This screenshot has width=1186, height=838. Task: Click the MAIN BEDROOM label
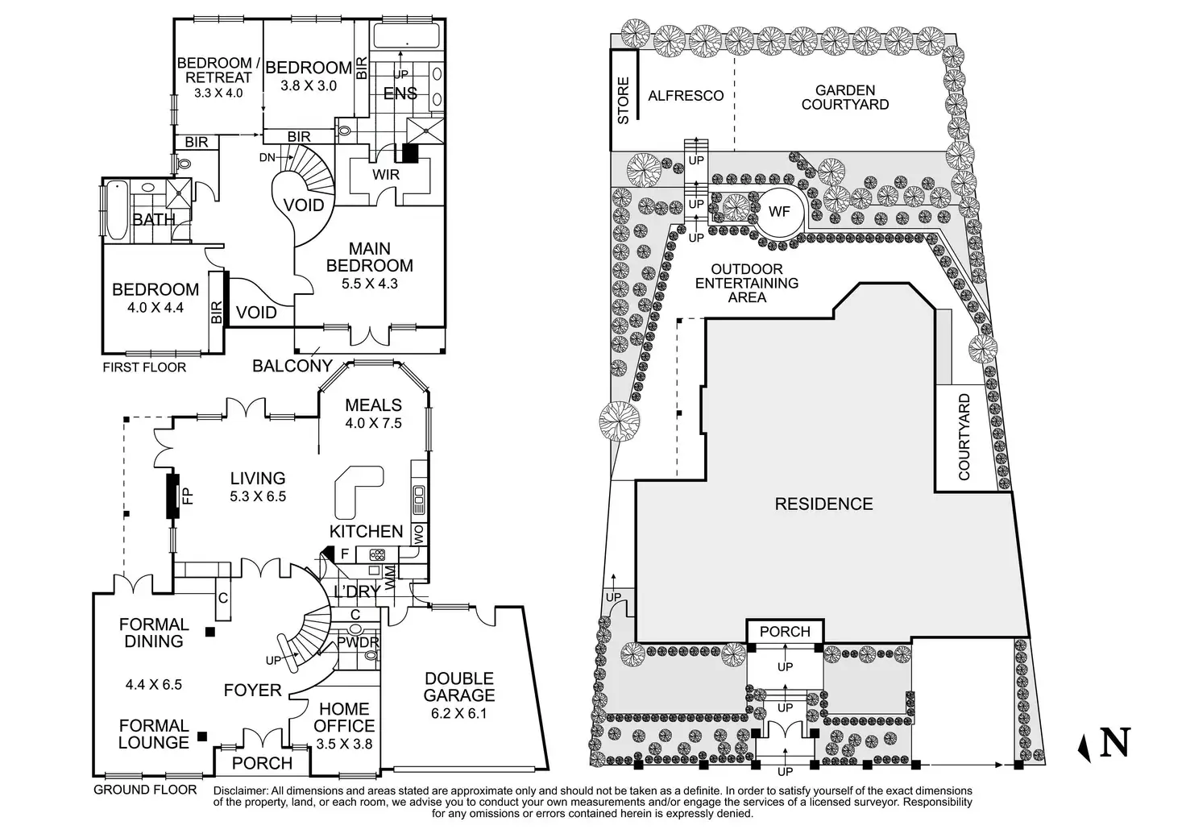click(x=369, y=257)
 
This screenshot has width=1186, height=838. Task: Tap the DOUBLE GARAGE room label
click(x=459, y=687)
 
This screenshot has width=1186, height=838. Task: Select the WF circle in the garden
click(x=779, y=213)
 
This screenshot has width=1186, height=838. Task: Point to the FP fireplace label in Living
click(x=187, y=496)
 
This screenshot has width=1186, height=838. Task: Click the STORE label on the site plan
click(x=623, y=101)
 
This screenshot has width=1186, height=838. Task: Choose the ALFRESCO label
click(x=686, y=96)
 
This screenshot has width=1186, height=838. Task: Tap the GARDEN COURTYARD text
click(x=844, y=97)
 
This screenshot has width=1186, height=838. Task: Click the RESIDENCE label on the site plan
click(x=823, y=504)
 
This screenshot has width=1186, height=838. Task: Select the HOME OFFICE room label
click(x=344, y=717)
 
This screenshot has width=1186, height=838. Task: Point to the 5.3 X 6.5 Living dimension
click(x=258, y=497)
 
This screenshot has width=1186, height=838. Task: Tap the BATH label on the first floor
click(x=153, y=219)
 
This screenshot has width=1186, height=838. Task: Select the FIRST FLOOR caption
click(x=144, y=367)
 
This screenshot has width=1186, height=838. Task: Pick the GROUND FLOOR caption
click(x=145, y=790)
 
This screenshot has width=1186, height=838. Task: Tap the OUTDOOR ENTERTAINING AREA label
click(x=747, y=283)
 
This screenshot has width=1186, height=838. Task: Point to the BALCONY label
click(x=292, y=367)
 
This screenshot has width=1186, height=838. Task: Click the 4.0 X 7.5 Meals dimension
click(x=373, y=423)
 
